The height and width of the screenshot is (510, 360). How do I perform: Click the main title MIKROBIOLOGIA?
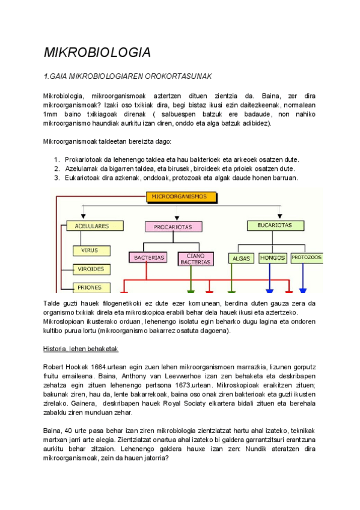point(97,52)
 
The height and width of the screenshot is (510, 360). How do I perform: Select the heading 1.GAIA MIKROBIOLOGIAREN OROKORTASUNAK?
point(129,76)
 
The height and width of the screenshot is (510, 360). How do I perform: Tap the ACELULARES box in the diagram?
point(88,226)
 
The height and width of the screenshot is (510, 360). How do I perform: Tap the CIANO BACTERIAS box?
point(196,258)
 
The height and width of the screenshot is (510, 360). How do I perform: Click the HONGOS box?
point(272,258)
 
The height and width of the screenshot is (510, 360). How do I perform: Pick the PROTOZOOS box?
point(306,257)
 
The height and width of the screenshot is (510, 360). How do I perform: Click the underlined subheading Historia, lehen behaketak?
point(81,349)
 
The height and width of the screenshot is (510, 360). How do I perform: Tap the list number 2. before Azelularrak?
point(56,169)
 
